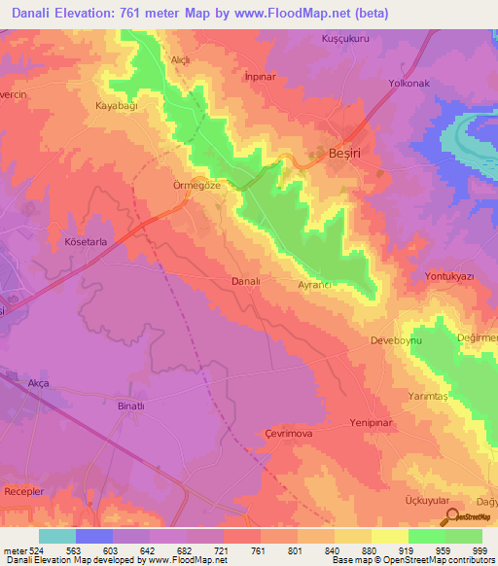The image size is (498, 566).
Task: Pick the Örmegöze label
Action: [x=185, y=182]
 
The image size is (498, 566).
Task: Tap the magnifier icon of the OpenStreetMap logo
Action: [x=450, y=515]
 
